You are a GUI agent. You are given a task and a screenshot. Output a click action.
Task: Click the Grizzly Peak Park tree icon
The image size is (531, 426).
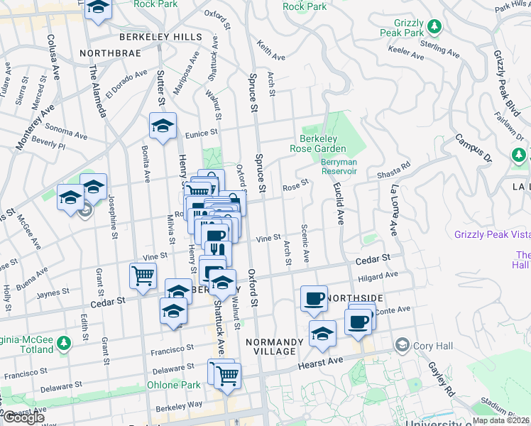tap(435, 27)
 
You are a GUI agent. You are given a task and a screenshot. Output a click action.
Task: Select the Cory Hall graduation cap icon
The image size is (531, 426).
tap(403, 345)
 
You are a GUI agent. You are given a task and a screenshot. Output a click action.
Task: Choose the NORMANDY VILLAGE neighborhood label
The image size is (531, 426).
tap(275, 346)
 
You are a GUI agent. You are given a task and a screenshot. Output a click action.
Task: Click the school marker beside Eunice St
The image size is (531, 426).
tap(163, 126)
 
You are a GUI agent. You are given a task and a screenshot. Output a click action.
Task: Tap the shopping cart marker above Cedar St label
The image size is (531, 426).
tap(143, 275)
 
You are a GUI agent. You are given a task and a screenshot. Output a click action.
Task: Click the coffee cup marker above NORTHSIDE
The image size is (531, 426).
tap(313, 298)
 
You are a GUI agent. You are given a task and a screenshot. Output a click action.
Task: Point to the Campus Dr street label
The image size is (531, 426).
tap(473, 146)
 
